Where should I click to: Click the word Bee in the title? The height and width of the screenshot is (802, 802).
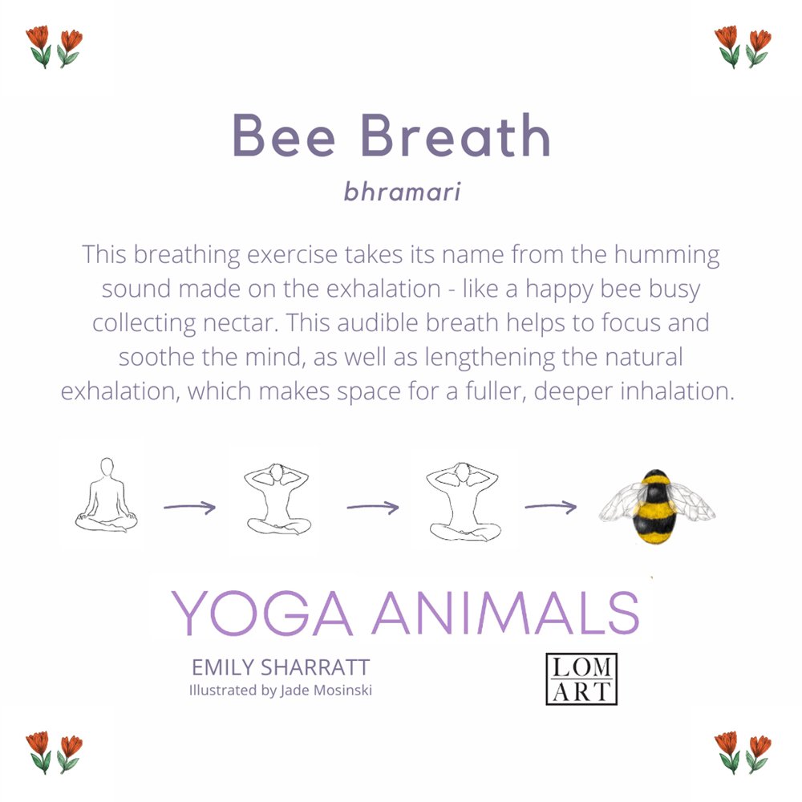[x=284, y=135]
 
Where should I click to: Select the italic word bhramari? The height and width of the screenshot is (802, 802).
[x=402, y=192]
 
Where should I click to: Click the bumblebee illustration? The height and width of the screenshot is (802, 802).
[x=657, y=506]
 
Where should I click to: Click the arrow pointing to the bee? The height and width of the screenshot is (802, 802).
[x=551, y=506]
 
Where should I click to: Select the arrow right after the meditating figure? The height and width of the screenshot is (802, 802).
[x=190, y=507]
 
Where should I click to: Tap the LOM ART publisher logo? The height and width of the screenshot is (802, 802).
[x=581, y=678]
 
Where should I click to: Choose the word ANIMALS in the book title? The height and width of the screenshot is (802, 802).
[x=506, y=613]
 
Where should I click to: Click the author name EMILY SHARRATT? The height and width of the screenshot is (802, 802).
[x=280, y=667]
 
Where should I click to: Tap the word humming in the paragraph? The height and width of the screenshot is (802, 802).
[x=666, y=255]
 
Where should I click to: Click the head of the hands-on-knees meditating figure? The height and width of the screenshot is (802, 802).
[x=107, y=468]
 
